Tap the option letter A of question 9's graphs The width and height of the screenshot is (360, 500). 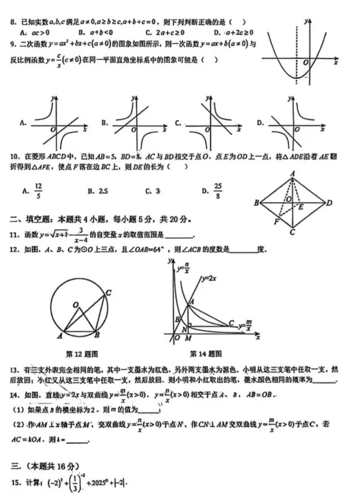point(22,123)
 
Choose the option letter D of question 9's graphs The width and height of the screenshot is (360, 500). point(260,123)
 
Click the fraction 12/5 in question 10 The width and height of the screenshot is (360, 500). point(38,191)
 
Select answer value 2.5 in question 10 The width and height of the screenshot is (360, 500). point(101,191)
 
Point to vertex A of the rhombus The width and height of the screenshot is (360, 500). point(292,173)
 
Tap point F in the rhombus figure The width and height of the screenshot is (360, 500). point(275,222)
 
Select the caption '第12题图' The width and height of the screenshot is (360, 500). point(82,354)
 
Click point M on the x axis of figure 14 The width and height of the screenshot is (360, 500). point(189,339)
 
